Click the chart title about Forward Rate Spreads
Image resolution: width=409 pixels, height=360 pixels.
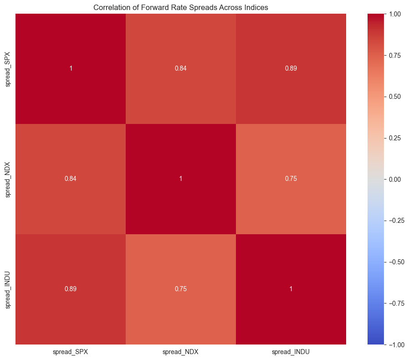coord(180,7)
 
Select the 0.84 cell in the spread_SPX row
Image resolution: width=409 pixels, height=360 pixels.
coord(181,69)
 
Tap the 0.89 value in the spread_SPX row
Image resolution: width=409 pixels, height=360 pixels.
coord(291,69)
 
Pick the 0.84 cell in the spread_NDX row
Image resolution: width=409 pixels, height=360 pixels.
coord(71,179)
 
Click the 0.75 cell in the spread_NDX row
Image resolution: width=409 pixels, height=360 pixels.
coord(291,179)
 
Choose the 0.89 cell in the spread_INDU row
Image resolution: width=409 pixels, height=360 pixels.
coord(71,289)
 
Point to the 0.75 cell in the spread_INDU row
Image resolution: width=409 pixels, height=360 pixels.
coord(181,289)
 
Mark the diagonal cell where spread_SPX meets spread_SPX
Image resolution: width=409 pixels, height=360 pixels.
coord(71,69)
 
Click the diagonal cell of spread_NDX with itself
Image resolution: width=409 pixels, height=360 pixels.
coord(181,179)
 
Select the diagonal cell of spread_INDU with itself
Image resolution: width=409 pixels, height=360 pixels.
coord(291,289)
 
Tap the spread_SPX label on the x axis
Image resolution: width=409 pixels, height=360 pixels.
coord(71,352)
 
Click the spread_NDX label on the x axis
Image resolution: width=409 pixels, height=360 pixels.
coord(180,352)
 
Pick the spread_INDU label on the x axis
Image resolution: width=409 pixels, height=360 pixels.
coord(291,352)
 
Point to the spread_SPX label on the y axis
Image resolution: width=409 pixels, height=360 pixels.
coord(8,69)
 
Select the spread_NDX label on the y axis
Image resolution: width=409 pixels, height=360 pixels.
coord(8,180)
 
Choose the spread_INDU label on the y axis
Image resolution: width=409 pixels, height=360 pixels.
coord(8,290)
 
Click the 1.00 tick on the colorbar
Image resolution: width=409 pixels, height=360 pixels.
coord(395,14)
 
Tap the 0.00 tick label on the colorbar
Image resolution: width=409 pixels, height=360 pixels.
coord(395,180)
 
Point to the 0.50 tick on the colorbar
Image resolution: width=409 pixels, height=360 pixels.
coord(395,97)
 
